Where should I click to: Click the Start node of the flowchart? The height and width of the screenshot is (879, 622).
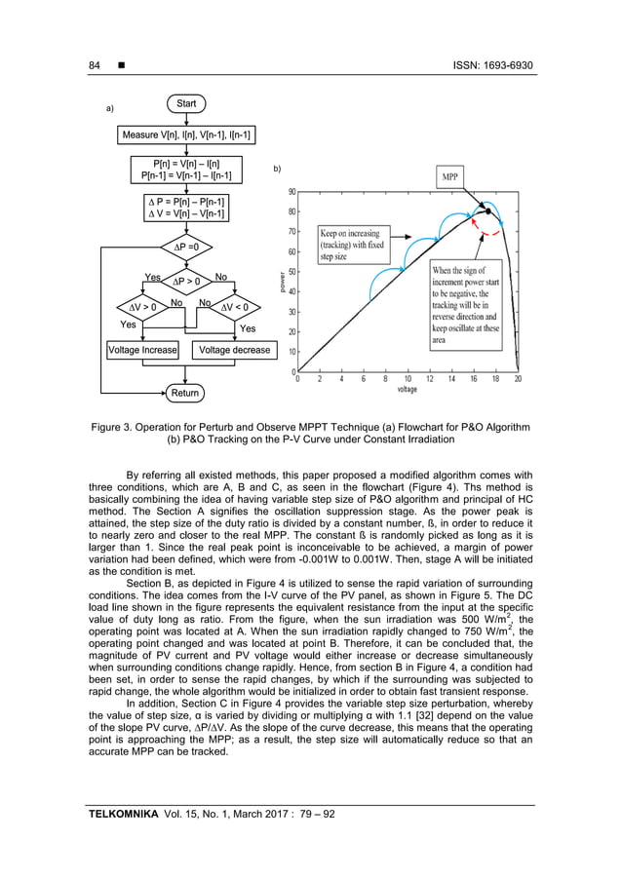pyautogui.click(x=185, y=102)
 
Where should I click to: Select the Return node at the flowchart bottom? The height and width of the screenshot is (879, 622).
pyautogui.click(x=185, y=393)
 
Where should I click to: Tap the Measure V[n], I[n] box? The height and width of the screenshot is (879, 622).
pyautogui.click(x=185, y=134)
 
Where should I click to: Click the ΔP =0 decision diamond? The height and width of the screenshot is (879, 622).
pyautogui.click(x=185, y=247)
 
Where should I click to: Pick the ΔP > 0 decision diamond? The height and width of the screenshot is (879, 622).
pyautogui.click(x=185, y=282)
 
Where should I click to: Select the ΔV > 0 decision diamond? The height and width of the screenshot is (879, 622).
pyautogui.click(x=142, y=309)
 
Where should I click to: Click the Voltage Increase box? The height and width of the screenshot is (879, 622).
pyautogui.click(x=142, y=350)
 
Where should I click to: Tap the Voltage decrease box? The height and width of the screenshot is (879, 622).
pyautogui.click(x=234, y=350)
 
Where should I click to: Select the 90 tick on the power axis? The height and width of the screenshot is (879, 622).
pyautogui.click(x=292, y=193)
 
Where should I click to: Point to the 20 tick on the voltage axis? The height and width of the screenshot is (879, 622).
pyautogui.click(x=518, y=380)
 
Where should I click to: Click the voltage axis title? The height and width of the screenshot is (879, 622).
pyautogui.click(x=408, y=390)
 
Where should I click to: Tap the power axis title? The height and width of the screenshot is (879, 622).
pyautogui.click(x=284, y=283)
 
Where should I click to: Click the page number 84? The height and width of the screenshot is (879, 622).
pyautogui.click(x=95, y=66)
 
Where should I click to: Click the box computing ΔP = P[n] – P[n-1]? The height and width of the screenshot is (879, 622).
pyautogui.click(x=185, y=208)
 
